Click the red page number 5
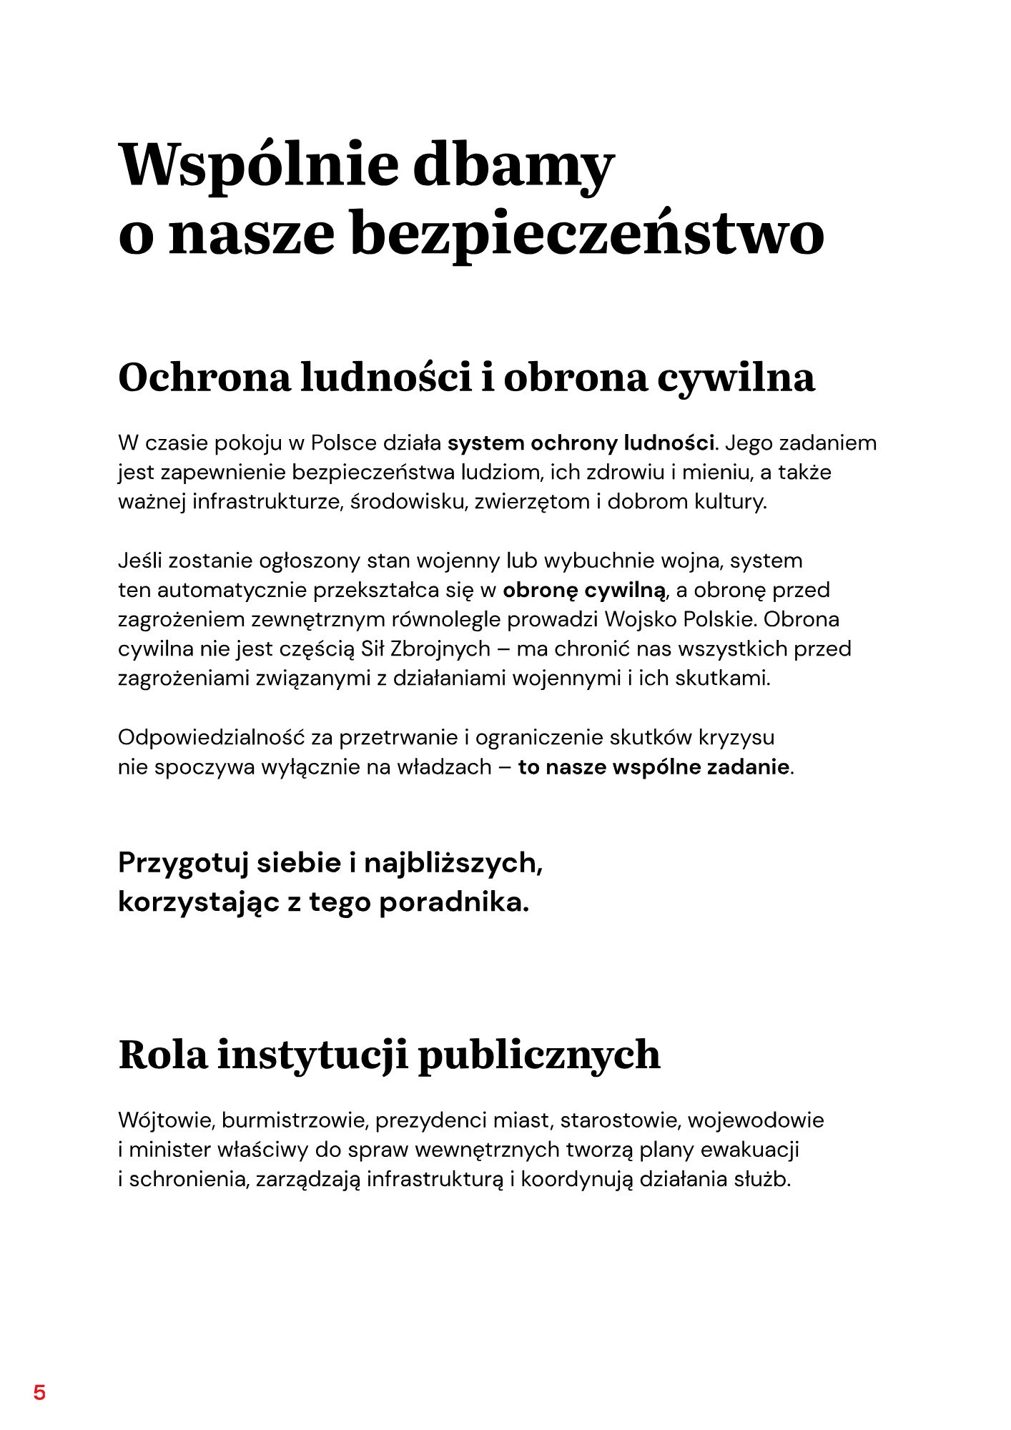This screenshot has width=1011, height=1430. [39, 1393]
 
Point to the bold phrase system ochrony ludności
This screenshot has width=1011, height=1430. [581, 443]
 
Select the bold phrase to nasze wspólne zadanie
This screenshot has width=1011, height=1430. [654, 767]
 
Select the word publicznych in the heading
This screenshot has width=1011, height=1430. [538, 1055]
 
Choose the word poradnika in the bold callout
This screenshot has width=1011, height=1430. [453, 902]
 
